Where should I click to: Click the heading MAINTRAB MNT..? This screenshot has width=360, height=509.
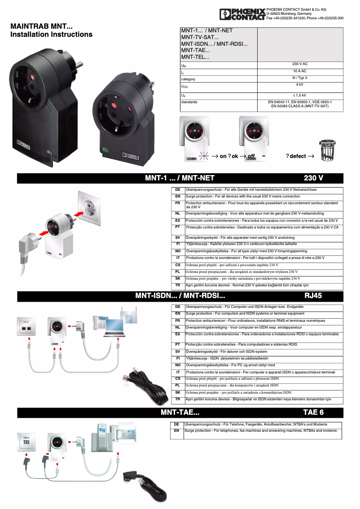point(41,26)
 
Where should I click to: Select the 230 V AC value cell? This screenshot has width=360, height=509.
point(299,64)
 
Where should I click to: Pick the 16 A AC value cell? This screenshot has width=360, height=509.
point(299,71)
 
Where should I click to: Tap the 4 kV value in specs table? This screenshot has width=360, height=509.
point(299,84)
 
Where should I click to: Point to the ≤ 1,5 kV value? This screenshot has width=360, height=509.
point(299,95)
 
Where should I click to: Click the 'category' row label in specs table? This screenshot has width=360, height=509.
point(188,79)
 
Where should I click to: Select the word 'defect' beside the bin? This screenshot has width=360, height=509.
point(298,156)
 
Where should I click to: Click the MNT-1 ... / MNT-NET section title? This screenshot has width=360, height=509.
point(180,178)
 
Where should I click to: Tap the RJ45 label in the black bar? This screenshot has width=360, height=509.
point(313,296)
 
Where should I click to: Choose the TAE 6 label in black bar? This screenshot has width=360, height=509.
point(313,412)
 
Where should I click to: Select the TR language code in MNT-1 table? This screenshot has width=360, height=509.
point(178,285)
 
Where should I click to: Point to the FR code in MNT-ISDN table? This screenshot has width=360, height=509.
point(178,321)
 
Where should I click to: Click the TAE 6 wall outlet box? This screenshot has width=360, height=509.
point(26,441)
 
